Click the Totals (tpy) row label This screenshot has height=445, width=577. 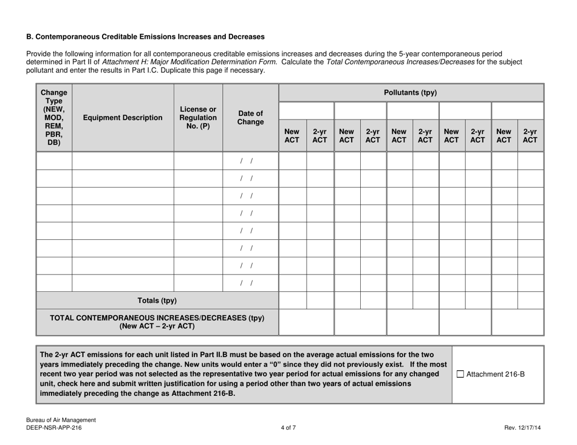tap(157, 300)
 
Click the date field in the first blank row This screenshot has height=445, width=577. tap(251, 161)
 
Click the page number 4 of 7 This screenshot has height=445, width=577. tap(288, 428)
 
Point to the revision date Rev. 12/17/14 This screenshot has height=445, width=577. tap(522, 428)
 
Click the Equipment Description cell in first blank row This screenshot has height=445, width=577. tap(123, 161)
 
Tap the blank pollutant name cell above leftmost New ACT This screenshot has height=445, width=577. tap(306, 111)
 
